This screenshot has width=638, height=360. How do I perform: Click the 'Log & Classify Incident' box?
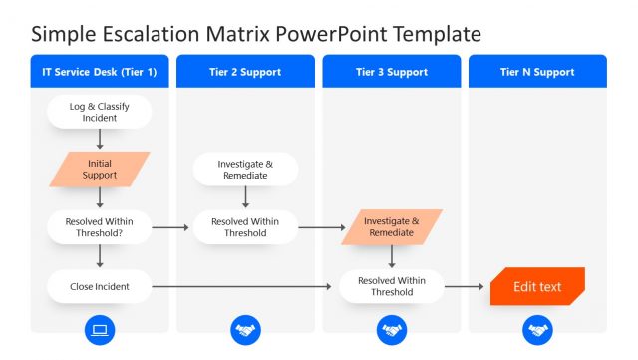[100, 112]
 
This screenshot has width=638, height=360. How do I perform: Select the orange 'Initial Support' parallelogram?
[100, 169]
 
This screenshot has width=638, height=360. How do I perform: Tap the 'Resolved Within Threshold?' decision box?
[100, 227]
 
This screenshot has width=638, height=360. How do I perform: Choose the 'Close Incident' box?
[100, 287]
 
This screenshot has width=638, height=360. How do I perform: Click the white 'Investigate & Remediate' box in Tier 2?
[245, 169]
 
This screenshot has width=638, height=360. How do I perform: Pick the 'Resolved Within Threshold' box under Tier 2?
[245, 227]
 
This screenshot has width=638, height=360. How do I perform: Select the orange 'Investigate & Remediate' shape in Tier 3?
[391, 226]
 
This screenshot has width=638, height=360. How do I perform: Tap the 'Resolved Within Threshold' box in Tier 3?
[391, 287]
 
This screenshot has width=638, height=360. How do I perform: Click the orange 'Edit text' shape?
[537, 287]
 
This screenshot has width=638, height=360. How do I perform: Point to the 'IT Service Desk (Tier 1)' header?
[100, 72]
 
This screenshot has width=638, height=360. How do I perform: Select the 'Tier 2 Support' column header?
[245, 72]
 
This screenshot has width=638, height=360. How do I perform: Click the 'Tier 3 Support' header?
[391, 72]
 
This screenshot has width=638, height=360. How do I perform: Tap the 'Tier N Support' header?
[537, 72]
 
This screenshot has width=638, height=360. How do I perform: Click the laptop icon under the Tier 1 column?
[100, 330]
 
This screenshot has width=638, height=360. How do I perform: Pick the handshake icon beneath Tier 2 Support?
[245, 330]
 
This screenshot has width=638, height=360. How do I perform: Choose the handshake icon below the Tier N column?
[537, 330]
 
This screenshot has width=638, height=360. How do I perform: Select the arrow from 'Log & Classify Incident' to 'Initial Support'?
[100, 140]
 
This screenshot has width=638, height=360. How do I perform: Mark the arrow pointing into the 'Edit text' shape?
[466, 287]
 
